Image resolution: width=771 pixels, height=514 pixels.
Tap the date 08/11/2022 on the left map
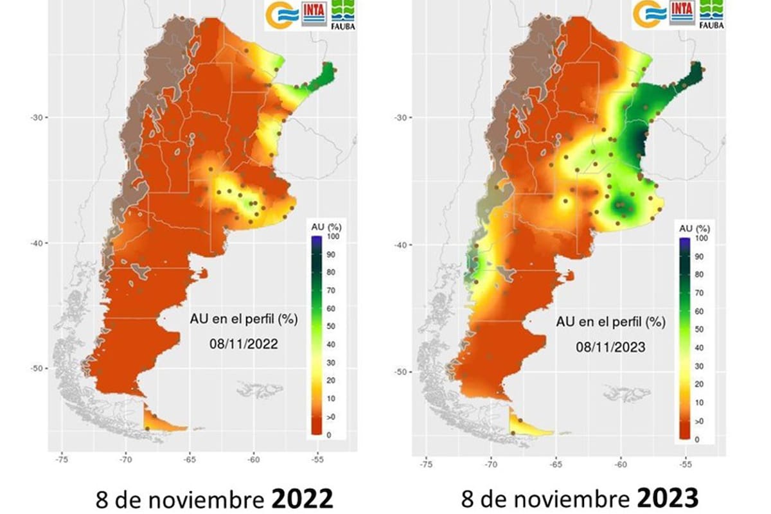pos(243,344)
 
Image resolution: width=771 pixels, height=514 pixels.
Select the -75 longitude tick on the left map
pos(62,460)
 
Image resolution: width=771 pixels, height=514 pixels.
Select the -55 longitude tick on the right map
pos(686,463)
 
